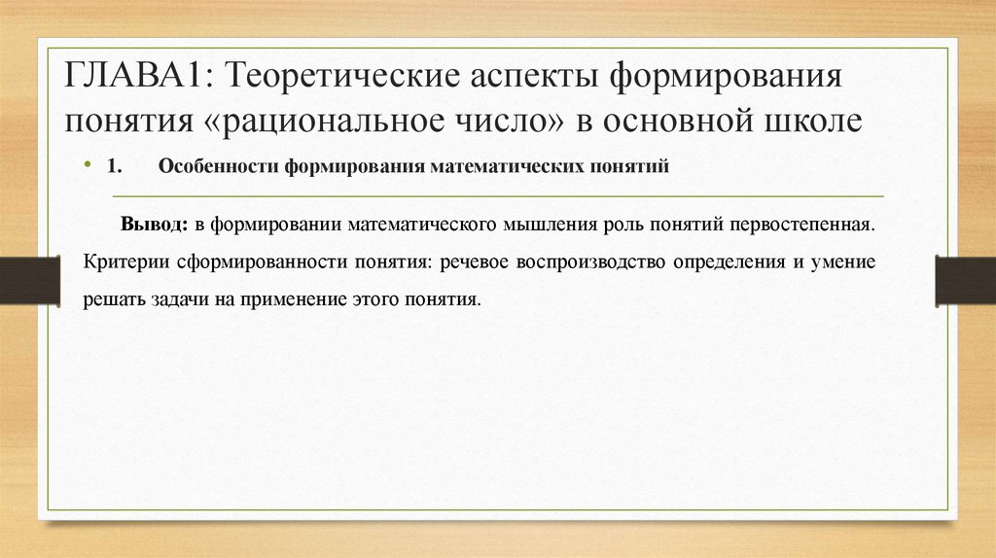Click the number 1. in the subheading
tap(113, 166)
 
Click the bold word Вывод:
tap(154, 225)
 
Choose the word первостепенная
tap(800, 225)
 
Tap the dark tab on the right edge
tap(965, 280)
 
